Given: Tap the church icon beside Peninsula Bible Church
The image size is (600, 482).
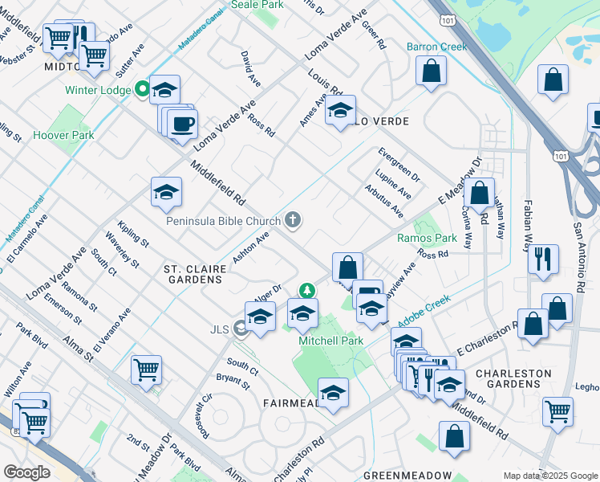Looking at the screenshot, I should [x=294, y=220].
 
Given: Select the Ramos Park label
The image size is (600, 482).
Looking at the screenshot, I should [x=427, y=239].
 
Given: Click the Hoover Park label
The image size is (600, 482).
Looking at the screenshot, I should [x=63, y=135].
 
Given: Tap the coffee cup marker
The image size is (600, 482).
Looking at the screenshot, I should [x=184, y=124].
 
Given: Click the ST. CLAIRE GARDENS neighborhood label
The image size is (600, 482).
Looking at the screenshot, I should [x=193, y=273].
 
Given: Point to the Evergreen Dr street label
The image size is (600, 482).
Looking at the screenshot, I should [x=399, y=164].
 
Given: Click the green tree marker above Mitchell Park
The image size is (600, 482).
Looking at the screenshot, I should [x=306, y=290].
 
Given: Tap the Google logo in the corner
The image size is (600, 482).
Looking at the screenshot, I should [x=27, y=472].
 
